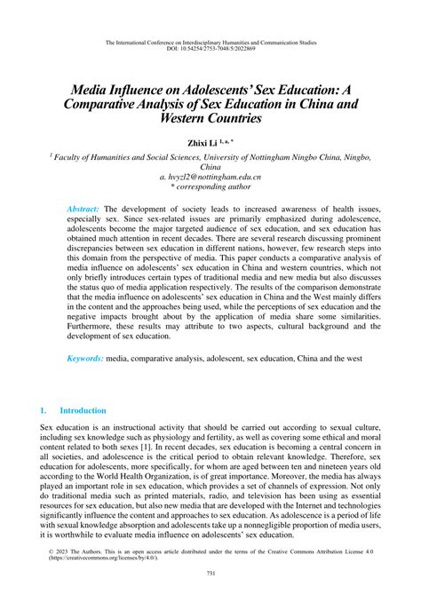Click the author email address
(210, 178)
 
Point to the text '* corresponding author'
(210, 189)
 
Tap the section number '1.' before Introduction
(44, 411)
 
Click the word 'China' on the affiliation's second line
(210, 166)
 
